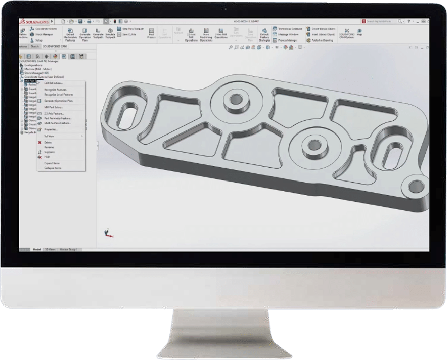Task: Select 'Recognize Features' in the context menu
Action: click(x=55, y=89)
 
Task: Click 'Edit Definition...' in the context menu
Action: click(x=54, y=83)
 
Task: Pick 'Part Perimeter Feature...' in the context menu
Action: click(x=58, y=119)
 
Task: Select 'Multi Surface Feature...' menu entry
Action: click(x=57, y=123)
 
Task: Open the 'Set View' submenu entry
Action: click(x=50, y=136)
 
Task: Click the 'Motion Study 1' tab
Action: click(x=69, y=249)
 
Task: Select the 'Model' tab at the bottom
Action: click(x=37, y=249)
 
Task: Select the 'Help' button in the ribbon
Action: click(x=359, y=34)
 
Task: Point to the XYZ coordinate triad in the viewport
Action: click(x=106, y=234)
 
